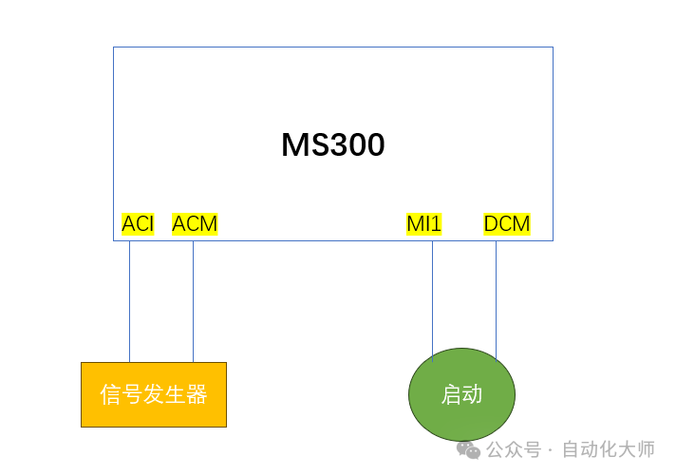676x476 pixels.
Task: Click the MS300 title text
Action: (x=333, y=144)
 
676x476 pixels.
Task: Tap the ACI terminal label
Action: (x=138, y=224)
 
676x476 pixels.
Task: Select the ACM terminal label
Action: (x=195, y=224)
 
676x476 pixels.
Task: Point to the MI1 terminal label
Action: (x=424, y=224)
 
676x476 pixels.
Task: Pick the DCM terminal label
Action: (x=507, y=224)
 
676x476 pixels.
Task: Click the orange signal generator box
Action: (x=154, y=395)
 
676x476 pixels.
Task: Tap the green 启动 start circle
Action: (x=461, y=394)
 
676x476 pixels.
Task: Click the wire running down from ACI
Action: (x=130, y=301)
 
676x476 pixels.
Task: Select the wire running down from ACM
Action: (x=193, y=301)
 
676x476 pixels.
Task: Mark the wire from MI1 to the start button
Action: (x=432, y=301)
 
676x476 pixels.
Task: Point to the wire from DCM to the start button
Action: (x=496, y=300)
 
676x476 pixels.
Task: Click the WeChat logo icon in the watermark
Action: (x=468, y=450)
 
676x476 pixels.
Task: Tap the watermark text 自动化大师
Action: (x=609, y=449)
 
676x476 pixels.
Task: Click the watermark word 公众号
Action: (x=514, y=449)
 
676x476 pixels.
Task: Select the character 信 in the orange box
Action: (x=110, y=394)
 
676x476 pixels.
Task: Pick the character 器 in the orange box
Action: (x=197, y=394)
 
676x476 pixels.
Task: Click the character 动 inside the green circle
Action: (x=473, y=394)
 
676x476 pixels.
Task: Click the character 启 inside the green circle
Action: (x=451, y=394)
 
